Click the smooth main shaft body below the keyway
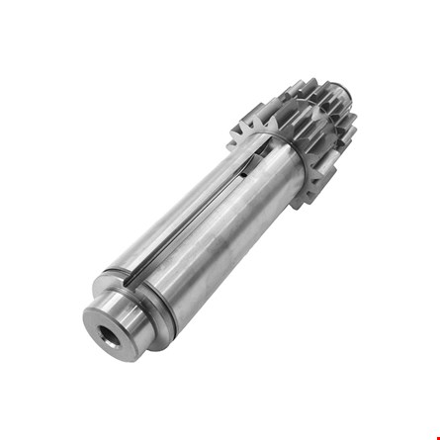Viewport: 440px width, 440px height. tap(222, 247)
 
